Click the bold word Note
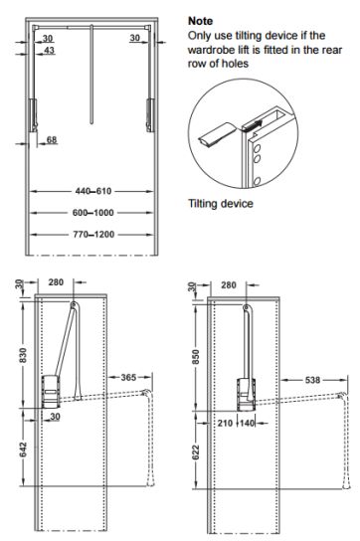pyautogui.click(x=200, y=21)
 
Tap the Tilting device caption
pyautogui.click(x=221, y=203)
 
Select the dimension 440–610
pyautogui.click(x=93, y=191)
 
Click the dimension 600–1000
pyautogui.click(x=93, y=213)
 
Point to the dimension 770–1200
pyautogui.click(x=93, y=235)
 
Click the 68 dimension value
pyautogui.click(x=52, y=140)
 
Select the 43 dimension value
pyautogui.click(x=50, y=51)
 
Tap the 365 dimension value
pyautogui.click(x=128, y=378)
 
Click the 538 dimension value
pyautogui.click(x=312, y=380)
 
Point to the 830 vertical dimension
pyautogui.click(x=23, y=355)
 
